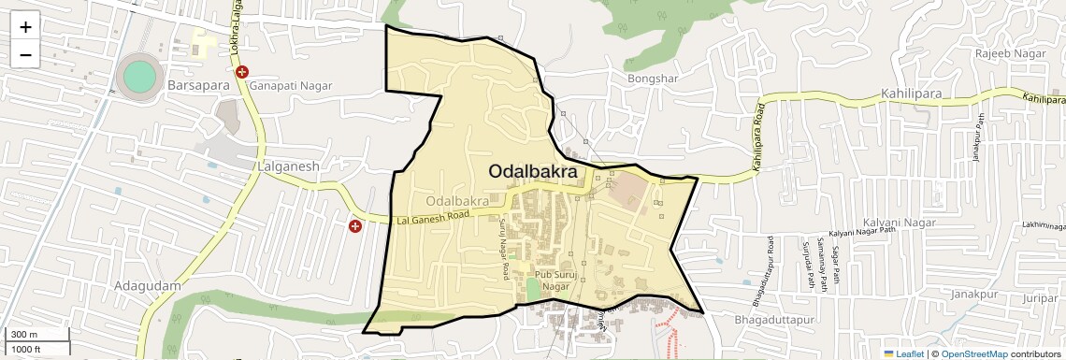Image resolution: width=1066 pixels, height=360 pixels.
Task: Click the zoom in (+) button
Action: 25,26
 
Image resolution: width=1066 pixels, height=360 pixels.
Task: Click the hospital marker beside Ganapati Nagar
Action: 242,72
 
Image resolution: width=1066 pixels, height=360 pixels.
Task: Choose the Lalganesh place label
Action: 287,166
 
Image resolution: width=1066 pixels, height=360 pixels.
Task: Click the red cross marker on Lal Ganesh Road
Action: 355,226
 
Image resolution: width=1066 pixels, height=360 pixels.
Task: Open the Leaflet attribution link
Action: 903,353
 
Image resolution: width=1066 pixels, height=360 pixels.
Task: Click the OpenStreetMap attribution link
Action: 974,353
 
